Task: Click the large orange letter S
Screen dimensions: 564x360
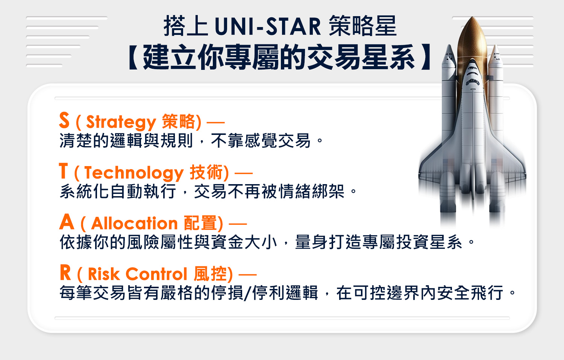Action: [64, 120]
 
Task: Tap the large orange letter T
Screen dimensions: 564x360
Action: [64, 170]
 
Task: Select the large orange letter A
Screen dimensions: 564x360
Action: [67, 221]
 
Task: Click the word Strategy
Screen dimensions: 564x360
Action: [121, 123]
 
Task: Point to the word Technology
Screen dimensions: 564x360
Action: [134, 173]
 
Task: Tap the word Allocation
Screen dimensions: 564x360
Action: [135, 223]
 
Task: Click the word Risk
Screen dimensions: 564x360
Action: [104, 274]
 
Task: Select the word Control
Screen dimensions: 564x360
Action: [156, 274]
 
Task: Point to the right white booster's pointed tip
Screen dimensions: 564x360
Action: [495, 46]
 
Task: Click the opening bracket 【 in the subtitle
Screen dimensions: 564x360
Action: [133, 57]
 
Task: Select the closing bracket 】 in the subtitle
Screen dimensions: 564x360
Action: [426, 57]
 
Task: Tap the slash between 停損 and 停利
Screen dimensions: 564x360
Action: [248, 293]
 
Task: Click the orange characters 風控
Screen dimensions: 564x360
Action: [211, 274]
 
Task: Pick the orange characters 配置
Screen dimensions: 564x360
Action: [200, 223]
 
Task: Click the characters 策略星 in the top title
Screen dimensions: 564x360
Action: [362, 26]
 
